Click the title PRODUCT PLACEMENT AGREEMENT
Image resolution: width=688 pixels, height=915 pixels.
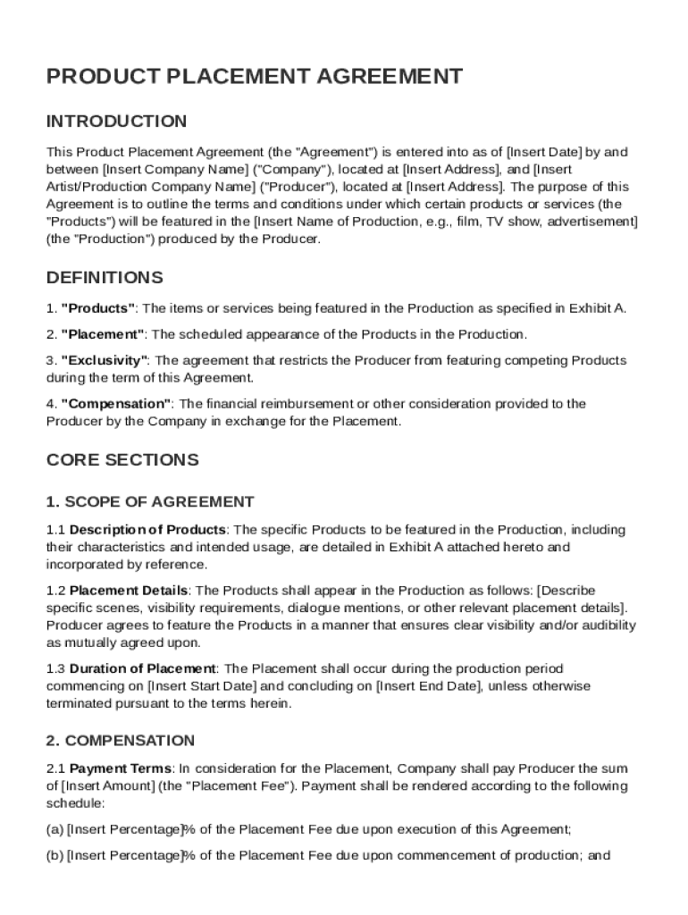255,77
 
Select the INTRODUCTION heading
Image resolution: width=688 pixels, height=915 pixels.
117,122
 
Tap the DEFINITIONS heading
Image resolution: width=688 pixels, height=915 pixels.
105,278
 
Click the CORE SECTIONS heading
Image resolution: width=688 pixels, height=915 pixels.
122,460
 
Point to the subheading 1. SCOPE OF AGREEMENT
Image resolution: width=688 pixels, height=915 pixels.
150,502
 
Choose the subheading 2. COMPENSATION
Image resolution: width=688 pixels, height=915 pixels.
121,741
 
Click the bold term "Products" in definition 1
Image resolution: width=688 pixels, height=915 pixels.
98,309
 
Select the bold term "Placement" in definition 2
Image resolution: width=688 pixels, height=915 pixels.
103,335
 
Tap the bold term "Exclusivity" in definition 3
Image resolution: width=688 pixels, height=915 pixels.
105,361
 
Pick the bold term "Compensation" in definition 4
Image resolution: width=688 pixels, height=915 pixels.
116,404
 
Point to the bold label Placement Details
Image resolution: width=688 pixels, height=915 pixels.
129,591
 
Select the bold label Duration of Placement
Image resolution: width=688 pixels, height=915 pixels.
142,669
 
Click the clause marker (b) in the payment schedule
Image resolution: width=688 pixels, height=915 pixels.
55,856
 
